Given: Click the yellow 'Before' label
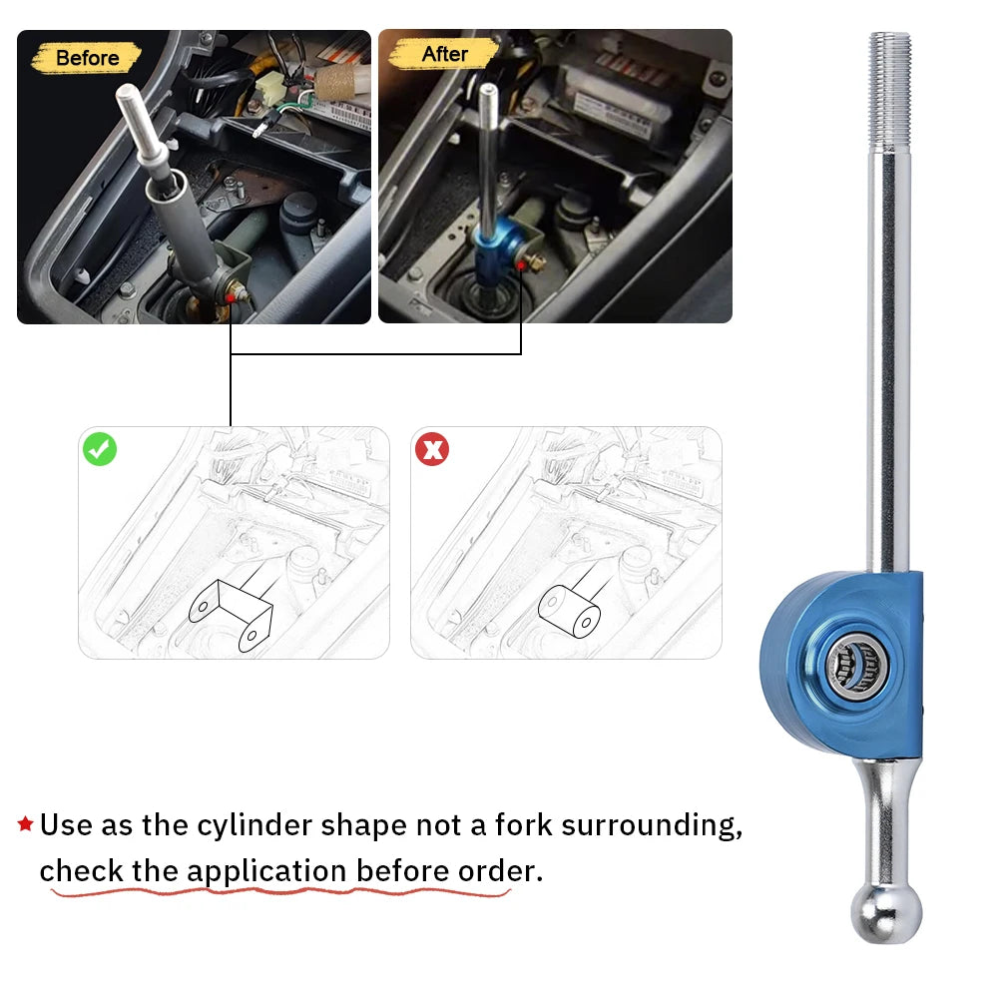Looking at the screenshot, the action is pos(86,58).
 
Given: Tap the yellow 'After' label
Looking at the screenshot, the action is pos(444,54).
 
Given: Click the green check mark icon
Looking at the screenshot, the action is pos(100,449).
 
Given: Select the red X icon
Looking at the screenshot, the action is pos(432,449).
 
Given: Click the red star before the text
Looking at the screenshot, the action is pos(26,823).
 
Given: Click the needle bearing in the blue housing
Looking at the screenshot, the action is pos(854,666).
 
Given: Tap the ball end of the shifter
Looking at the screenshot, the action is pos(886,913).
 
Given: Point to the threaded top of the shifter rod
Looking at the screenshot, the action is pos(890,89).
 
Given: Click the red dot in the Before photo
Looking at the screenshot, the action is pos(230,297).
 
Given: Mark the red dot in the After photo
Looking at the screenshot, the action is pos(521,263).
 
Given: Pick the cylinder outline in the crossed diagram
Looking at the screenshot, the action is pos(569,611).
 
